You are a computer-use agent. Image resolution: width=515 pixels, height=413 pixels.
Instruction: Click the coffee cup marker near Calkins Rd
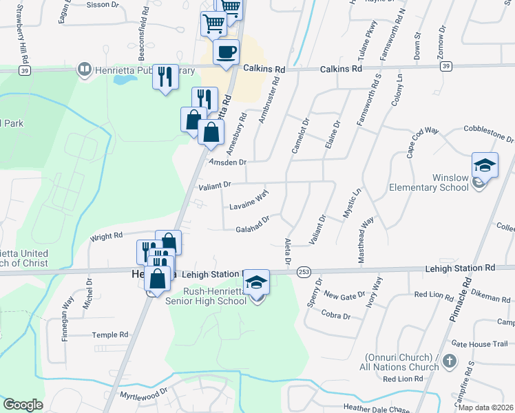[x=226, y=52]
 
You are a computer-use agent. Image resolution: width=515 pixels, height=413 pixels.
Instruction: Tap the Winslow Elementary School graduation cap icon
[x=485, y=166]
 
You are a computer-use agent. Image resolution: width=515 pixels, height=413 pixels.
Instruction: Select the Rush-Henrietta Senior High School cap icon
[x=257, y=282]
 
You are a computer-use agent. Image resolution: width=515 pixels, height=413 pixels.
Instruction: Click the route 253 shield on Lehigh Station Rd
[x=304, y=273]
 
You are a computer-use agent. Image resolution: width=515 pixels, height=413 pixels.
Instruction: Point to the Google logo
[x=23, y=404]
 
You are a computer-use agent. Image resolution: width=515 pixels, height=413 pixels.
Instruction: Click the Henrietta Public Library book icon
[x=84, y=69]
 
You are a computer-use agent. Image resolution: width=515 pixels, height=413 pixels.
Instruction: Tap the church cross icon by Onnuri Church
[x=449, y=361]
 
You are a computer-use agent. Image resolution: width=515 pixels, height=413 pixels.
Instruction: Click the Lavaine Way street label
[x=248, y=200]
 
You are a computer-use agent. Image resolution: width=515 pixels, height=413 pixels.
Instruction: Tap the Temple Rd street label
[x=110, y=335]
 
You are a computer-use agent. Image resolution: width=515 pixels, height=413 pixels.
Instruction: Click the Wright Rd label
[x=106, y=237]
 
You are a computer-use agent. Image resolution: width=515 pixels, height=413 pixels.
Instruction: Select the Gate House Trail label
[x=479, y=343]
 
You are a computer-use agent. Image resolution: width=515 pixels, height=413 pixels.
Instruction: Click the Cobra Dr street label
[x=336, y=315]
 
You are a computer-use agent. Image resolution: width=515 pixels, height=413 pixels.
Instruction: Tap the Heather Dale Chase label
[x=376, y=407]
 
